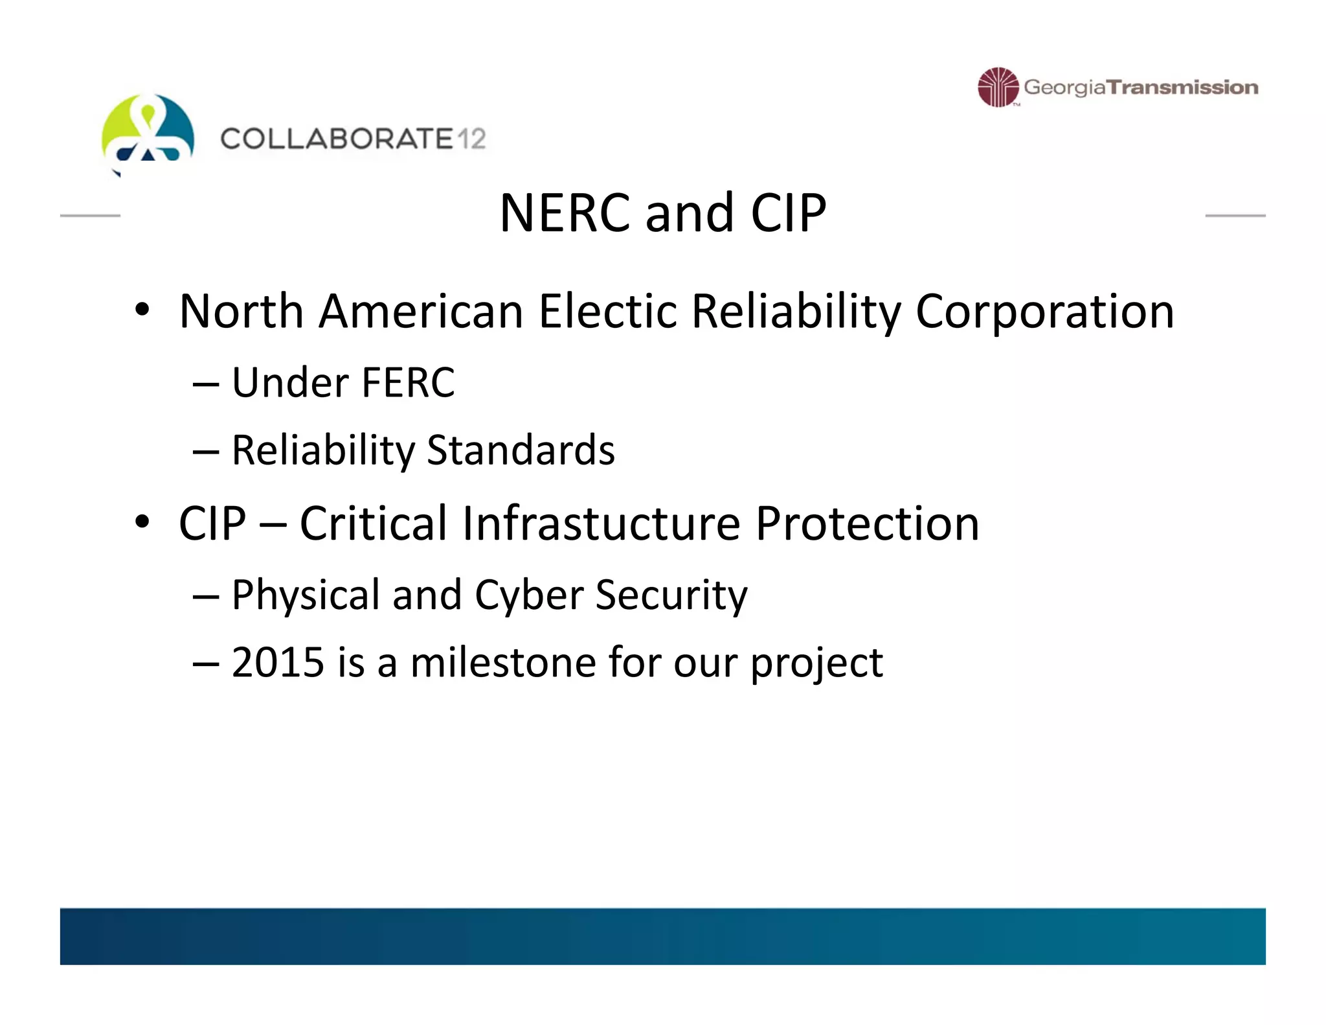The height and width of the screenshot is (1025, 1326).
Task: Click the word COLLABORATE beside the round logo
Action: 337,139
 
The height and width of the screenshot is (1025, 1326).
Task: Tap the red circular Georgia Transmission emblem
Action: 998,87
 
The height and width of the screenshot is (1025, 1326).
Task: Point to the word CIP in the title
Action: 789,213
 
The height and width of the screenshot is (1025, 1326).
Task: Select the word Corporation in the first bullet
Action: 1044,312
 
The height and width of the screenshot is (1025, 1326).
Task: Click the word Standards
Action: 521,450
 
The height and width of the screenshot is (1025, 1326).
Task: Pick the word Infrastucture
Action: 601,524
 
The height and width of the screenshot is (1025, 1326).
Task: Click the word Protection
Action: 867,524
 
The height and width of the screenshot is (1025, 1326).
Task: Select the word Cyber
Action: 529,595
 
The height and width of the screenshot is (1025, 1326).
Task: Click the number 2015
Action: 278,663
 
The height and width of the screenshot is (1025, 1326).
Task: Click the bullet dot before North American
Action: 142,309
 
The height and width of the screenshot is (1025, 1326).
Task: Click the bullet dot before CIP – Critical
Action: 142,521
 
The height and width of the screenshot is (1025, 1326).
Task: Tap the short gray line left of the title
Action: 90,215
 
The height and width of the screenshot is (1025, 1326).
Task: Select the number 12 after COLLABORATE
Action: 471,139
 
